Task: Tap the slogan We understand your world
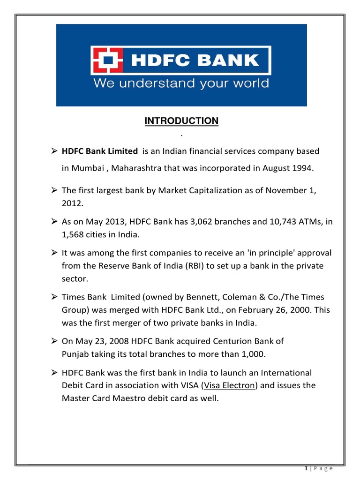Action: pos(181,84)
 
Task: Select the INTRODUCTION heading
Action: pos(181,121)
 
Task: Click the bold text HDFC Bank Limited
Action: pos(100,151)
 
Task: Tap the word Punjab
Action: pos(76,353)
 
